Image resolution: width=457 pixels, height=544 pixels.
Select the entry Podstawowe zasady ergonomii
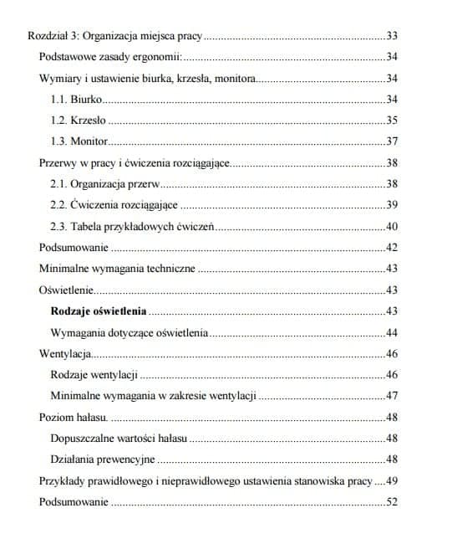[x=110, y=58]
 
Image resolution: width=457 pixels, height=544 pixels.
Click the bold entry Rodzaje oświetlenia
[x=99, y=311]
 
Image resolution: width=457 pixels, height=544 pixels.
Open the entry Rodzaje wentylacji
[x=94, y=374]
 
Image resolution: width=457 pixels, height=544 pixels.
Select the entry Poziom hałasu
[x=73, y=417]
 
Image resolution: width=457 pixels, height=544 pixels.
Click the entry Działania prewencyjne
[x=103, y=459]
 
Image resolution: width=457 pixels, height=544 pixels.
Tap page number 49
[x=392, y=480]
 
